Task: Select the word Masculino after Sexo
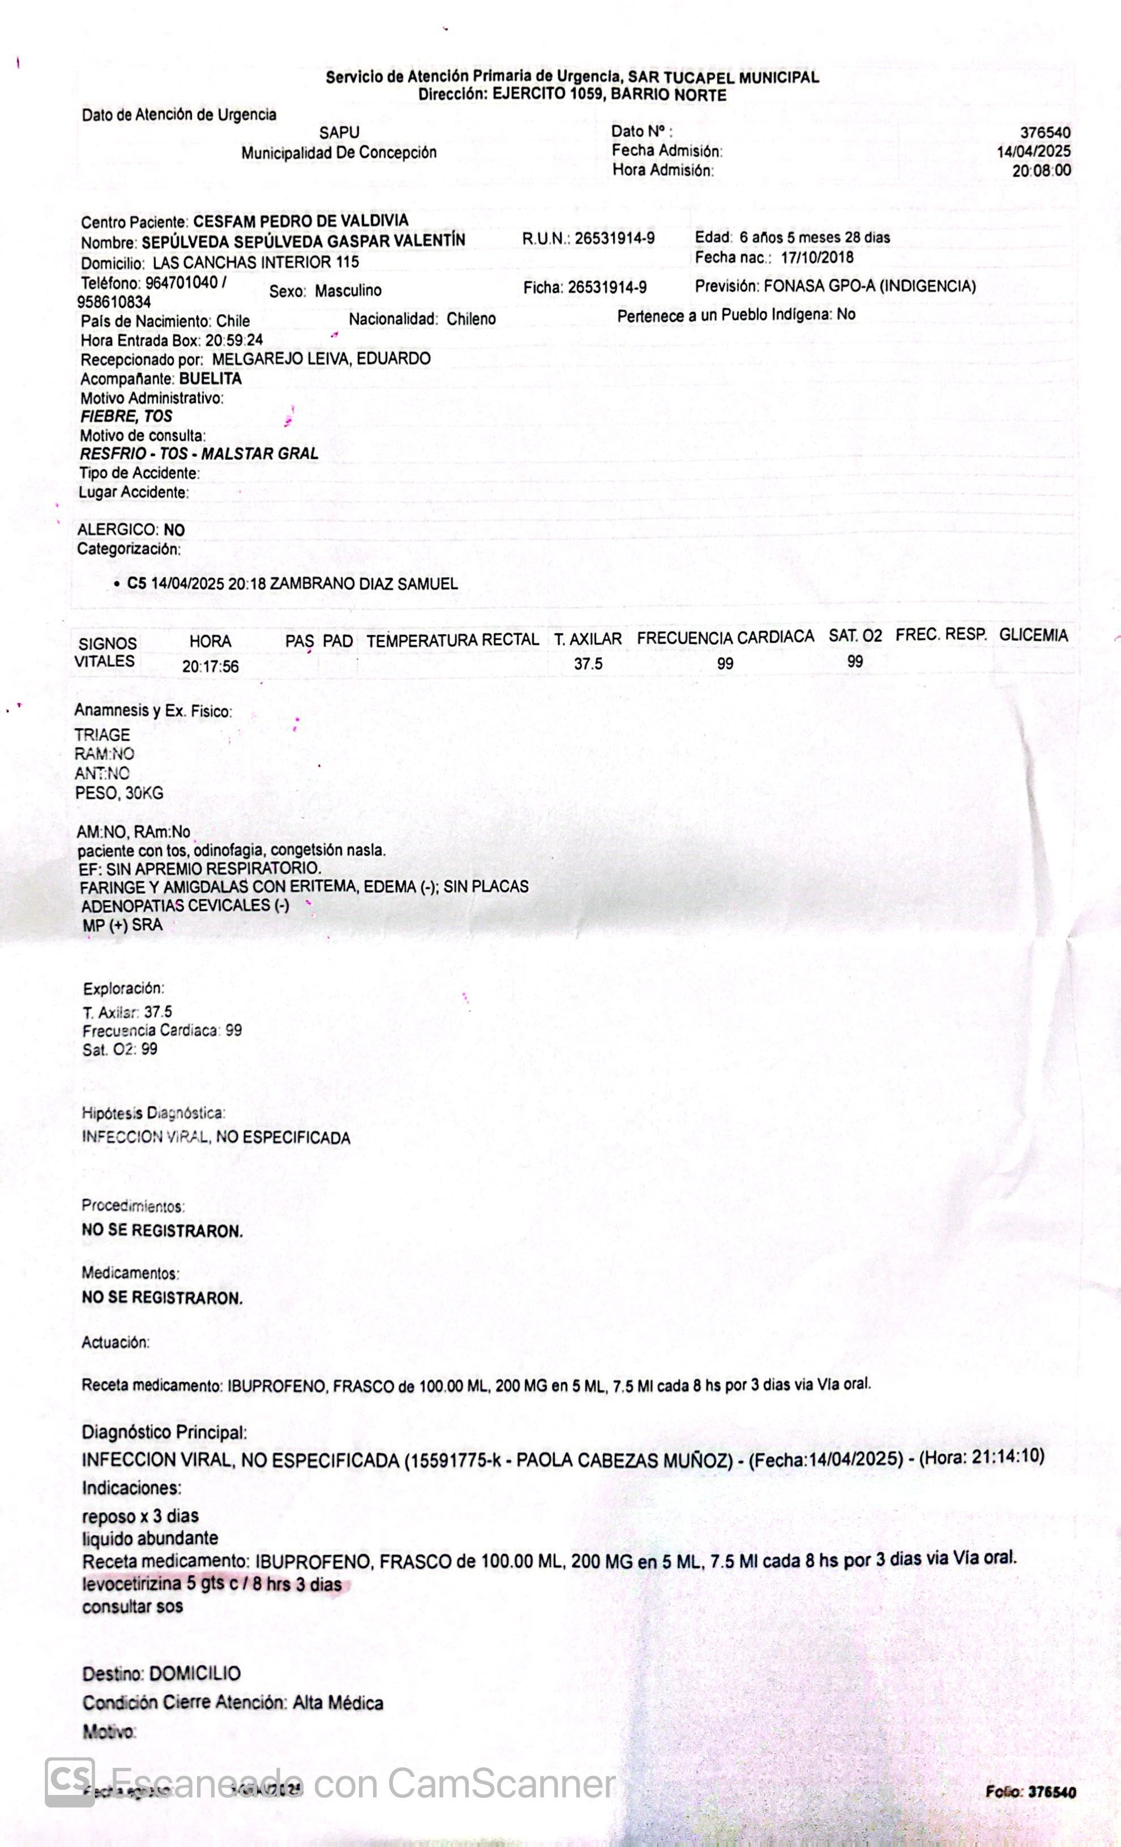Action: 348,291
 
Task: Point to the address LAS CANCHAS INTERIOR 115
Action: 256,263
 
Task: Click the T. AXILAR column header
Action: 588,639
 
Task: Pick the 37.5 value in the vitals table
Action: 588,664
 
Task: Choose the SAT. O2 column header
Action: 855,637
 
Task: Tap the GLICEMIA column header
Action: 1033,635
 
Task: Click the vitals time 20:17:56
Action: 211,667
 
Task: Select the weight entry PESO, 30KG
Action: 119,793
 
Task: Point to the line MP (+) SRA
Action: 122,925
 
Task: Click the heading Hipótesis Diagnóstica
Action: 153,1113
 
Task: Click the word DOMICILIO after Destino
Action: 195,1674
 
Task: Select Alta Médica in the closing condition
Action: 337,1703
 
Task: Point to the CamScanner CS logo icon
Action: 70,1782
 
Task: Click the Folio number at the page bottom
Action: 1051,1792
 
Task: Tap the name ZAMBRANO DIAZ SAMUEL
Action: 363,584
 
